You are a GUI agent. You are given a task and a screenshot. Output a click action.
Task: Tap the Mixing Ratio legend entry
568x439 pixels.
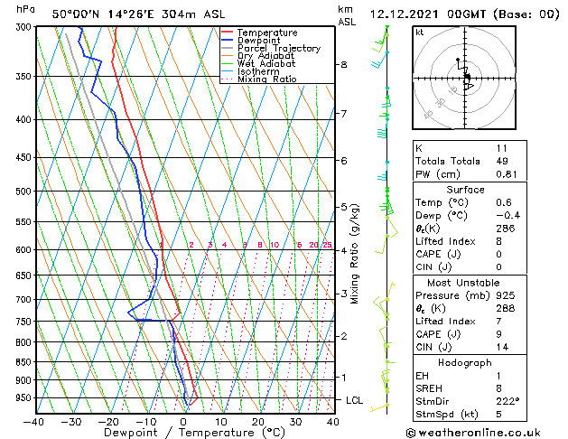266,79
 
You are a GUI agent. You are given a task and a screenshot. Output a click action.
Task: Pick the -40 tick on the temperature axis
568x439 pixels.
33,421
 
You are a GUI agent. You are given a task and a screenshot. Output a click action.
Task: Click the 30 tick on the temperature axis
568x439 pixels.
295,421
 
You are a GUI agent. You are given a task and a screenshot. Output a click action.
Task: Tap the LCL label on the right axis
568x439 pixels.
355,399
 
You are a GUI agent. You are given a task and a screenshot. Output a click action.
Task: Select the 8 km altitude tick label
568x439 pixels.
344,65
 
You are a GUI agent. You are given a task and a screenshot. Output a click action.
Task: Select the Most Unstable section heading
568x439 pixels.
465,282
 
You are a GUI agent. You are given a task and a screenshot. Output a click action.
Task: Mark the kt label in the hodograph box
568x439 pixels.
419,32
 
